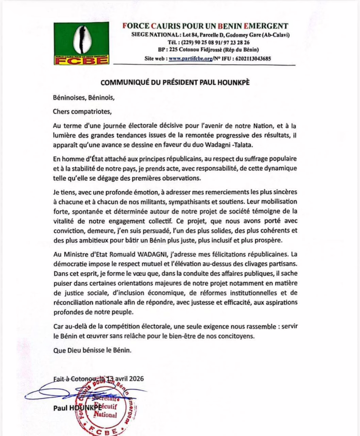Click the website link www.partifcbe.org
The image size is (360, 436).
(x=191, y=59)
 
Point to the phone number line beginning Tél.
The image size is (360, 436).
(x=209, y=43)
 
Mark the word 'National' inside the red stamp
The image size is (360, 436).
(x=105, y=414)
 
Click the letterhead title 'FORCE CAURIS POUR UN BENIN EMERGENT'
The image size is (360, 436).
(x=206, y=26)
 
